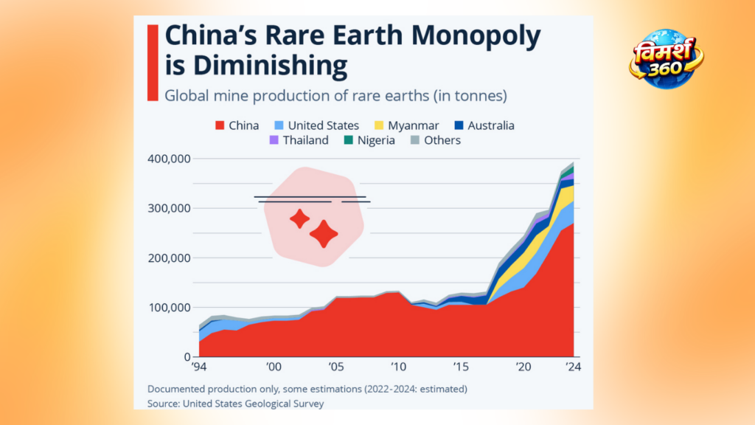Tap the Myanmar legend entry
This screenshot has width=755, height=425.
(406, 125)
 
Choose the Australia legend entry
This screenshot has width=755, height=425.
(484, 125)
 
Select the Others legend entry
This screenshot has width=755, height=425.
(435, 140)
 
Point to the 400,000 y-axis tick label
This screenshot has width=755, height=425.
(170, 159)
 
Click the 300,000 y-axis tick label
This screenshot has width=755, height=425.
(170, 208)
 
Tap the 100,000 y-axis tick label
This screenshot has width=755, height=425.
(170, 308)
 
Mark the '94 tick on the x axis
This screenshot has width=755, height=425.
(199, 367)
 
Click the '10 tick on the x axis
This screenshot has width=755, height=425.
(398, 367)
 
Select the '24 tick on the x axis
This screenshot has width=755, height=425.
(573, 367)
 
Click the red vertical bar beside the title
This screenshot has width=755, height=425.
(153, 63)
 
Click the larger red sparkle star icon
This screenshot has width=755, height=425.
(324, 234)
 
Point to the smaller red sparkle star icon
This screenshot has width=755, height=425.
(299, 218)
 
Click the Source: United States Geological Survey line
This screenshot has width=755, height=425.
(235, 403)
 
